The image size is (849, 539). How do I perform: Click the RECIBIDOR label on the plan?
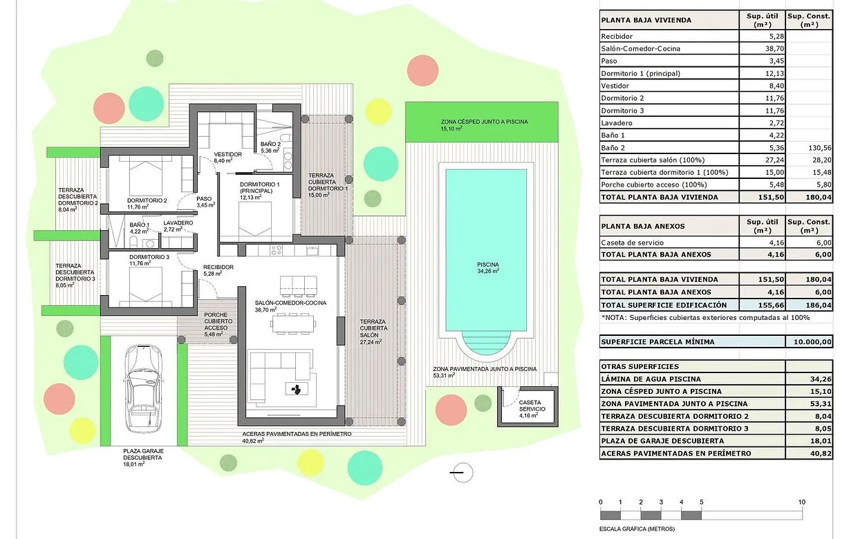click(218, 267)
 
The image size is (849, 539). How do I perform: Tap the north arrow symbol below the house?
click(462, 473)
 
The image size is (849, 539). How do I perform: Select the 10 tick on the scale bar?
click(801, 502)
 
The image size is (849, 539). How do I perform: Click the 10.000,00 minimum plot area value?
click(810, 342)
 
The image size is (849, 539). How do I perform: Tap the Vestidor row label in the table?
click(617, 86)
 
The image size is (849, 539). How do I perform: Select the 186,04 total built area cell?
click(810, 305)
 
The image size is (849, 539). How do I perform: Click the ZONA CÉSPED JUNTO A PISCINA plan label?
click(484, 122)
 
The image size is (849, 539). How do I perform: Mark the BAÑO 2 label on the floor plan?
click(270, 144)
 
